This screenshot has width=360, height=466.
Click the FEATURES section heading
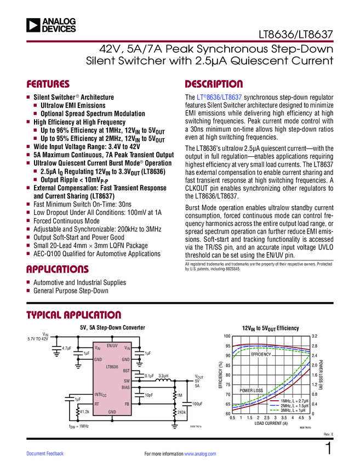48,84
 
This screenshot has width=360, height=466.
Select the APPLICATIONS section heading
58,269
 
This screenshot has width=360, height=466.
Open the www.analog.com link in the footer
201,454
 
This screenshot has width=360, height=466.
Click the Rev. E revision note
328,435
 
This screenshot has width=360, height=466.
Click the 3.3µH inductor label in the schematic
163,377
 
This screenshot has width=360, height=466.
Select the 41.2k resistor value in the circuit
84,411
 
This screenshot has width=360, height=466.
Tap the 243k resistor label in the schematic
182,412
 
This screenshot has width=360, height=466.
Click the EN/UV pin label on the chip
112,345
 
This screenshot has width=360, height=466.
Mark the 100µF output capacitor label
198,404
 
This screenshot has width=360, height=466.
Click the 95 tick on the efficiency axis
228,346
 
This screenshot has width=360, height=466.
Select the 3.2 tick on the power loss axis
315,336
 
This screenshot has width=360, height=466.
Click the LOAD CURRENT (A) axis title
271,423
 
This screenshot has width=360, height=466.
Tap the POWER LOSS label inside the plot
252,390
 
